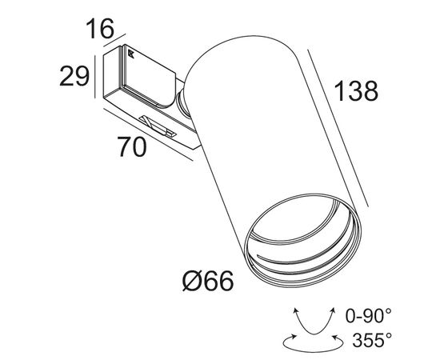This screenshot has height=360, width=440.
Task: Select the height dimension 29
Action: click(x=74, y=78)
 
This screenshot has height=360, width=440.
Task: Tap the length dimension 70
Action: click(x=131, y=149)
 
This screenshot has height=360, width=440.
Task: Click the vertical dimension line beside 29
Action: click(x=95, y=76)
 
